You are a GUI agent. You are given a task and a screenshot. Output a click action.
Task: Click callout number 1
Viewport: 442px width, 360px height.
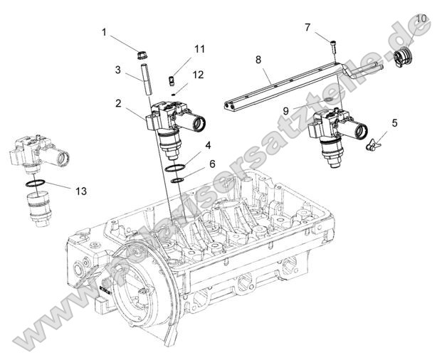tap(104, 32)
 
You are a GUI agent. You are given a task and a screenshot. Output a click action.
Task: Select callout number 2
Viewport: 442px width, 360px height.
tap(117, 103)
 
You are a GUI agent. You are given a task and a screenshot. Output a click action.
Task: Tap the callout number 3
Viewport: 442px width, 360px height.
tap(117, 70)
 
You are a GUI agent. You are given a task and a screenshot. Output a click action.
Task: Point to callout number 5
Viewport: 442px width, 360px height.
tap(394, 122)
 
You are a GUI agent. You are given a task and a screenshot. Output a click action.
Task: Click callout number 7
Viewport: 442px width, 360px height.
tap(307, 28)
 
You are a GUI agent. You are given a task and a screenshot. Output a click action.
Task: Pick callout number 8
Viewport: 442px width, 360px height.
tap(259, 61)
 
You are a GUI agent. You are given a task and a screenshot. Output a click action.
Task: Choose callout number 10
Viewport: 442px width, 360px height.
tap(421, 18)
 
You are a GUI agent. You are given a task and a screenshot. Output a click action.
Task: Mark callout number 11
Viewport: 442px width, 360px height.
tap(199, 49)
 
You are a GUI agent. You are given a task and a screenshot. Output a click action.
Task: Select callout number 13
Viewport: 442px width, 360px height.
tap(81, 191)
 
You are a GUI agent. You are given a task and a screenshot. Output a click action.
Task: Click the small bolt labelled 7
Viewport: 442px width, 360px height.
tap(334, 46)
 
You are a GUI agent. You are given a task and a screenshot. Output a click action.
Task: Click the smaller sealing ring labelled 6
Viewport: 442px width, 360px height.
tap(177, 179)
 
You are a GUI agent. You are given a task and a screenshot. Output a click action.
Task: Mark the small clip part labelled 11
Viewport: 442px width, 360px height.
tap(171, 80)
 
